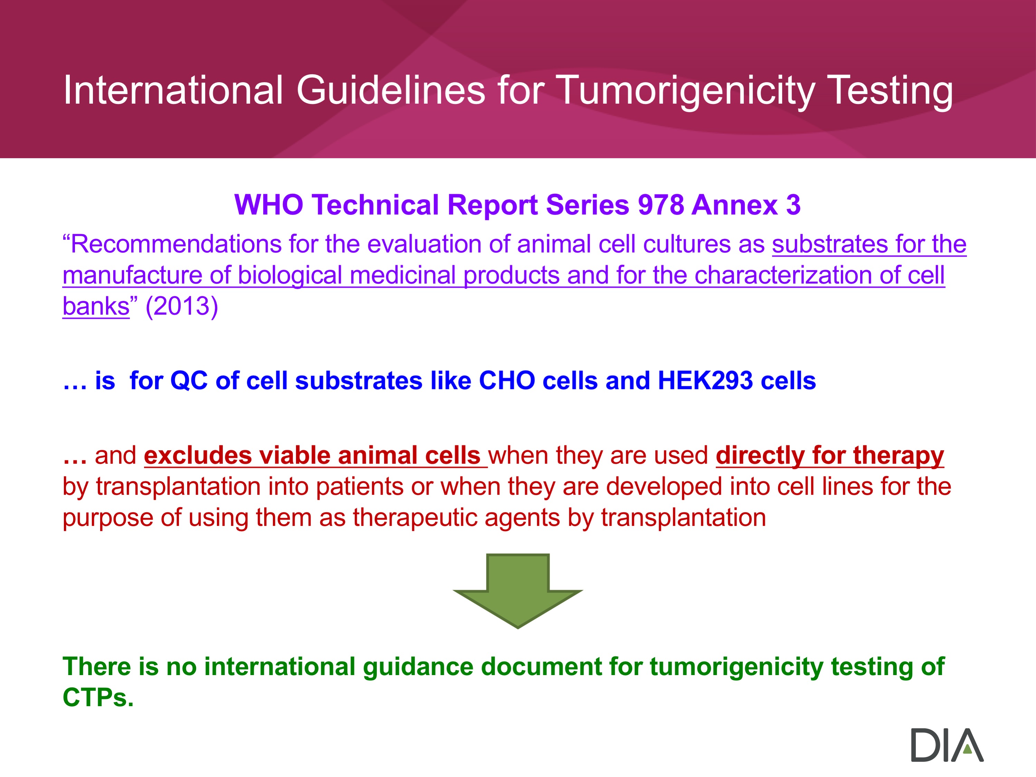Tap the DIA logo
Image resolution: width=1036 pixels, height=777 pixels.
[947, 745]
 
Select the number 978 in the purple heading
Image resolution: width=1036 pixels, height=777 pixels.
[660, 205]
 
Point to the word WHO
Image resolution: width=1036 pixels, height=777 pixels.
[269, 205]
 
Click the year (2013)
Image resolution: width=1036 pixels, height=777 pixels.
[182, 306]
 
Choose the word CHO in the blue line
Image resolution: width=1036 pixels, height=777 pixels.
[507, 380]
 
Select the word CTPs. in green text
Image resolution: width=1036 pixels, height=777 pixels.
[98, 698]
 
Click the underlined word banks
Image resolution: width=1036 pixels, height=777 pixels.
[96, 306]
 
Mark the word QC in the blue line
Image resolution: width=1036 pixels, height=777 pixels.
[189, 381]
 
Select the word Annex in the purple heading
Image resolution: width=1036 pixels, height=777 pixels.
[734, 205]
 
